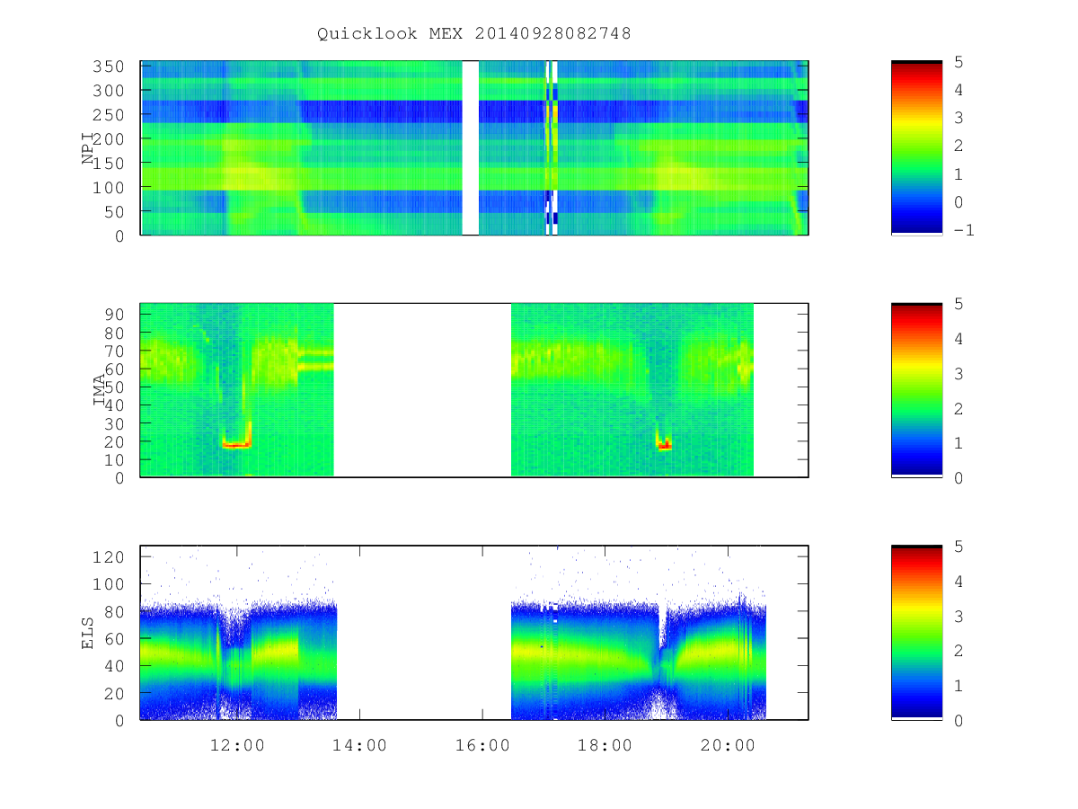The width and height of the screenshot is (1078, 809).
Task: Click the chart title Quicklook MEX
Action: [390, 34]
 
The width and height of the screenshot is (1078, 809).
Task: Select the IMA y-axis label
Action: [99, 389]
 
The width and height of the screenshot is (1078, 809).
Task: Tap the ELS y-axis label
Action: [88, 633]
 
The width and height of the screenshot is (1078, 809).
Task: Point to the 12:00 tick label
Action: [237, 745]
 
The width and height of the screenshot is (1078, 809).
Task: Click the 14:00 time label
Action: [359, 745]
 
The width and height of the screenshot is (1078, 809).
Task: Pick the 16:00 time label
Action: [482, 745]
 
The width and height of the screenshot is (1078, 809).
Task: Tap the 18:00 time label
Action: [605, 745]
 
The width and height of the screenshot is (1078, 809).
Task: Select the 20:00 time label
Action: [728, 745]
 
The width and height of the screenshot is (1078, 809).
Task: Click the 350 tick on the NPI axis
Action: [108, 67]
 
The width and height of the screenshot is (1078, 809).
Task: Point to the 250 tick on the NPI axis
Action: [108, 115]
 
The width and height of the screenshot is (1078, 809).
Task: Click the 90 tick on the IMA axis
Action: [114, 315]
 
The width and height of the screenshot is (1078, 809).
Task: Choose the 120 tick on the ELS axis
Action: [108, 557]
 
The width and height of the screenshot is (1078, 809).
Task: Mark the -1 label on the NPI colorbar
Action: [964, 230]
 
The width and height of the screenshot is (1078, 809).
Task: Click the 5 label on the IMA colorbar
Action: [959, 304]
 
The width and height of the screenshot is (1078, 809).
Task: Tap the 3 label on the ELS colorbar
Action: [959, 617]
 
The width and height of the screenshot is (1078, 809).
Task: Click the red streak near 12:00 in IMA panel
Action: [236, 446]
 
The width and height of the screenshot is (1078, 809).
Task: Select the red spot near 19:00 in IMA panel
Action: [665, 446]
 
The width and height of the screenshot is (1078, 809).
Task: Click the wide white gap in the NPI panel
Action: [471, 147]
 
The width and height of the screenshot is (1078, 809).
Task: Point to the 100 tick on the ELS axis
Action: [108, 584]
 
